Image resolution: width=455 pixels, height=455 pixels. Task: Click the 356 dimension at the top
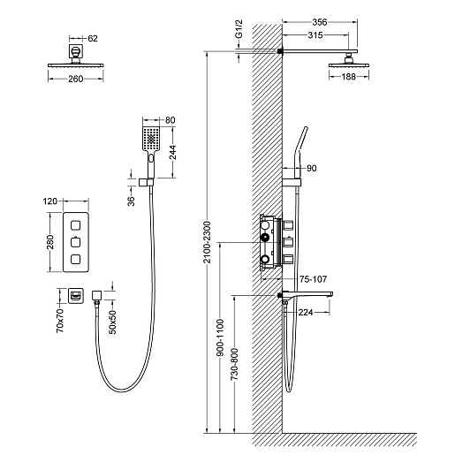point(319,22)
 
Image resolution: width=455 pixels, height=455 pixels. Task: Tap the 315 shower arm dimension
point(315,35)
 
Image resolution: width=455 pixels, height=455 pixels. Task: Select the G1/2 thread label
point(239,29)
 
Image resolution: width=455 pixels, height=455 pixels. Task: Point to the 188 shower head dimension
point(349,77)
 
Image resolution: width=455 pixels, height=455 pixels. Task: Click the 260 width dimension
point(76,79)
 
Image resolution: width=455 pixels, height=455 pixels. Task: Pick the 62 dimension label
point(93,38)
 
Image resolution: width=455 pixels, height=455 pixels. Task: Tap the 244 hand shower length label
point(172,152)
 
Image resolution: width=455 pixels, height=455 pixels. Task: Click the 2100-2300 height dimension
point(208,242)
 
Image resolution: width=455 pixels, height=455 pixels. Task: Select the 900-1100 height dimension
point(220,337)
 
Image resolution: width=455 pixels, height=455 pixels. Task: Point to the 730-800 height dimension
point(234,364)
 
